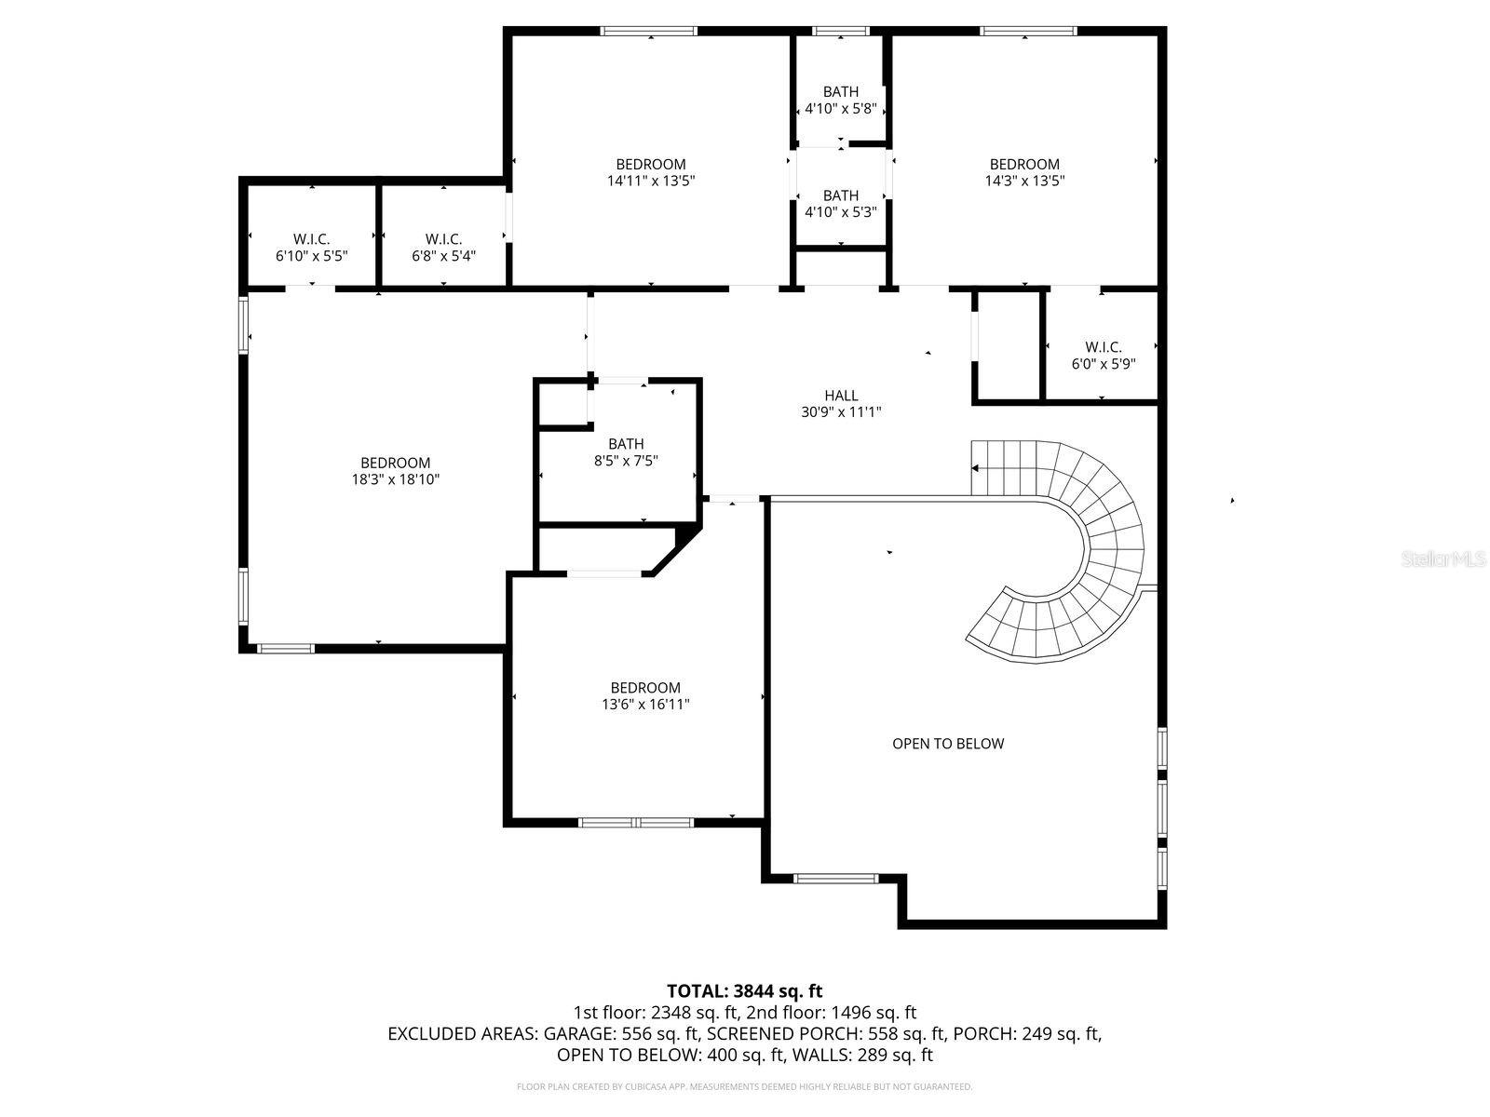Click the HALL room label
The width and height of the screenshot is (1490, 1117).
point(841,396)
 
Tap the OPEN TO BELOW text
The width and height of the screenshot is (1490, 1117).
point(948,744)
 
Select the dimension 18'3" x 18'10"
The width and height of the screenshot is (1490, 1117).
point(395,480)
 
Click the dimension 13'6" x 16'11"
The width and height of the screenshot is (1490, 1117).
point(645,706)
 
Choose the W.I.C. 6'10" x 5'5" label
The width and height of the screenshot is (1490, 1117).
point(311,248)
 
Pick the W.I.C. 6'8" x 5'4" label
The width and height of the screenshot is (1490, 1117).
point(443,248)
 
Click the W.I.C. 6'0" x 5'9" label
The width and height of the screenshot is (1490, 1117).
point(1103,356)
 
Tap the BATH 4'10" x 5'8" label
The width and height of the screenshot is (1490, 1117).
point(840,100)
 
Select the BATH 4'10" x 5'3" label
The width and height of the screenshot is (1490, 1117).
point(840,204)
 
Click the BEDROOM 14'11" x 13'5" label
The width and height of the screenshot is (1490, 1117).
point(651,173)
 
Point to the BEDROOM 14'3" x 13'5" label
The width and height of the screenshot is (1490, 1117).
point(1024,173)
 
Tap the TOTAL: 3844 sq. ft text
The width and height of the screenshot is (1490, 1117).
point(744,991)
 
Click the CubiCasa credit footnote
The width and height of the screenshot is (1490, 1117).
point(744,1086)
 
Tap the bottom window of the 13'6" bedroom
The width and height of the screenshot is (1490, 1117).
point(636,823)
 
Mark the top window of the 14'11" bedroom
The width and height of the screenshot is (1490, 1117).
point(649,32)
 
